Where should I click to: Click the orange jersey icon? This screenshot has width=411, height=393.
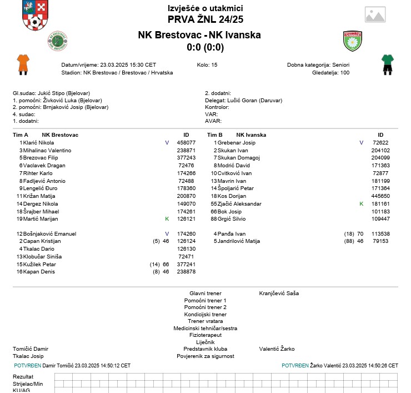[23, 64]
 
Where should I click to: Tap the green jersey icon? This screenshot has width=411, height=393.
[387, 64]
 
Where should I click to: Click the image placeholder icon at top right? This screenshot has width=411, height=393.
[375, 14]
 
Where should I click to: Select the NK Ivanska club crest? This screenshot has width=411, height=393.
[353, 41]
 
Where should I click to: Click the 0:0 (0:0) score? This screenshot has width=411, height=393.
[205, 47]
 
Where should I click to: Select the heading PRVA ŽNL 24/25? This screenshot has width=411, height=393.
[205, 19]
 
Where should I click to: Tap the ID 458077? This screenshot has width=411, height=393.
[186, 143]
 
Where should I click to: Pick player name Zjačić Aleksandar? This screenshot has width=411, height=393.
[239, 204]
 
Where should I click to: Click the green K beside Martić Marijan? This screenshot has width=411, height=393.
[167, 219]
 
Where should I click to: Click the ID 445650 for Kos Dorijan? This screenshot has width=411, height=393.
[380, 196]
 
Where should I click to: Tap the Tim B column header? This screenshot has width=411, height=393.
[214, 135]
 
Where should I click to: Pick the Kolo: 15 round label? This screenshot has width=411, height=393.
[207, 65]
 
